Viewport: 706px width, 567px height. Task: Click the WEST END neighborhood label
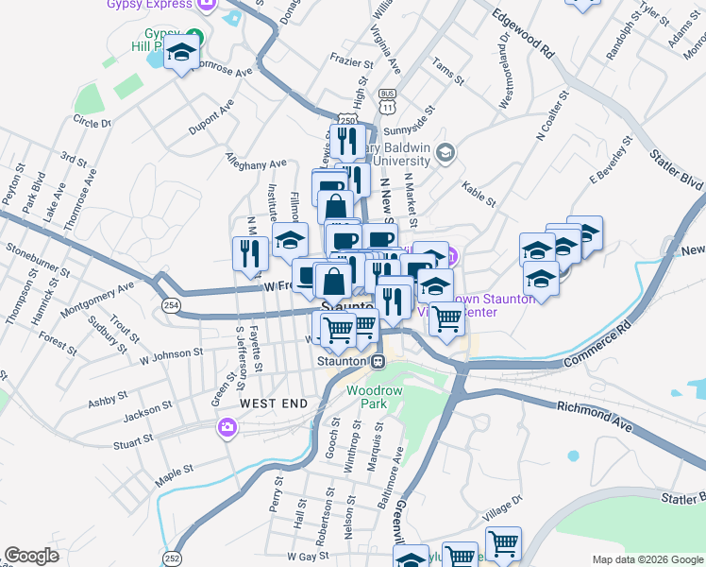tap(274, 404)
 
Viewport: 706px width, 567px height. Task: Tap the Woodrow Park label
tap(367, 397)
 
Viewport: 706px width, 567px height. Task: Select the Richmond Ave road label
tap(595, 410)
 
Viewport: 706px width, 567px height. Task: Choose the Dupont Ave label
tap(210, 124)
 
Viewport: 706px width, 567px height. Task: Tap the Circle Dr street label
tap(92, 122)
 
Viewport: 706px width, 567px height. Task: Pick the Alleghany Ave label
tap(255, 163)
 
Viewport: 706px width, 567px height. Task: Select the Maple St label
tap(175, 470)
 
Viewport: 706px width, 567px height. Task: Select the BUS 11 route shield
tap(387, 101)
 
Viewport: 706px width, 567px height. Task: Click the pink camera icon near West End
tap(227, 429)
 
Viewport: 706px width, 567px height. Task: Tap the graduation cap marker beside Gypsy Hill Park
tap(180, 55)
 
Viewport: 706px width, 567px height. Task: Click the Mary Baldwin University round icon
tap(446, 152)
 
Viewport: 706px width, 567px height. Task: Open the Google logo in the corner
tap(32, 556)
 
